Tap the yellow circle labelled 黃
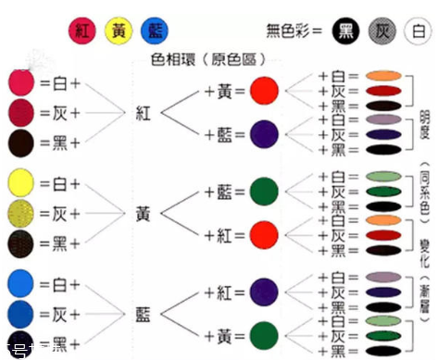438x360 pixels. (x=119, y=31)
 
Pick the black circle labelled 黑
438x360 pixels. (x=348, y=31)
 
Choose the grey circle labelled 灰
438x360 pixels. (x=383, y=31)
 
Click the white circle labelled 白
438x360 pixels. (x=419, y=31)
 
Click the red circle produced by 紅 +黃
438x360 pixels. (x=264, y=91)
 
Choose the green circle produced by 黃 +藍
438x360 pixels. (x=264, y=192)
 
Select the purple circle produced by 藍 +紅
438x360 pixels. (x=264, y=292)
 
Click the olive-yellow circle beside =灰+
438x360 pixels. (x=20, y=213)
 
